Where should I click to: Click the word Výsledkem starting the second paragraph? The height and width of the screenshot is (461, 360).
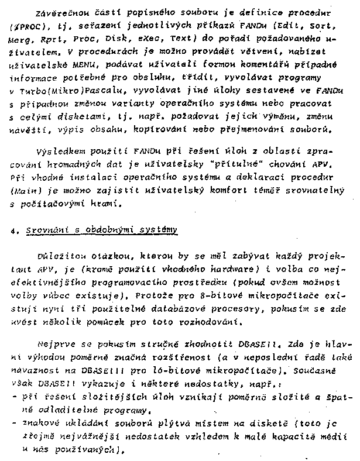coord(59,152)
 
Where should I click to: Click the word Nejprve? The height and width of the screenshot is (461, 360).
coord(53,344)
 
